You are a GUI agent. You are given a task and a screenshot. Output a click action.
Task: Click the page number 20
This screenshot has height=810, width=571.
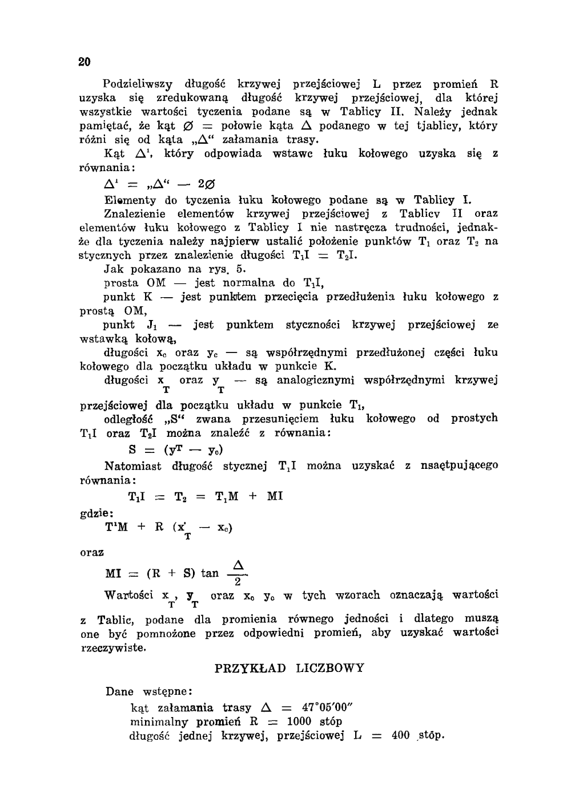(x=85, y=62)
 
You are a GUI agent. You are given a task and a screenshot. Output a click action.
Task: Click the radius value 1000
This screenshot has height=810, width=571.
(x=299, y=722)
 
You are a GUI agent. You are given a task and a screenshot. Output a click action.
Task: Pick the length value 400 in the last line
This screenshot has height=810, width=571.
(x=401, y=735)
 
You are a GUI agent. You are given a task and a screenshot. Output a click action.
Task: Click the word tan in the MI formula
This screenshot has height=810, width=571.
(x=210, y=573)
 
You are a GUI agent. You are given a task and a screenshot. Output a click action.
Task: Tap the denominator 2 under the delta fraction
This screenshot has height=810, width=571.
(x=239, y=582)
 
